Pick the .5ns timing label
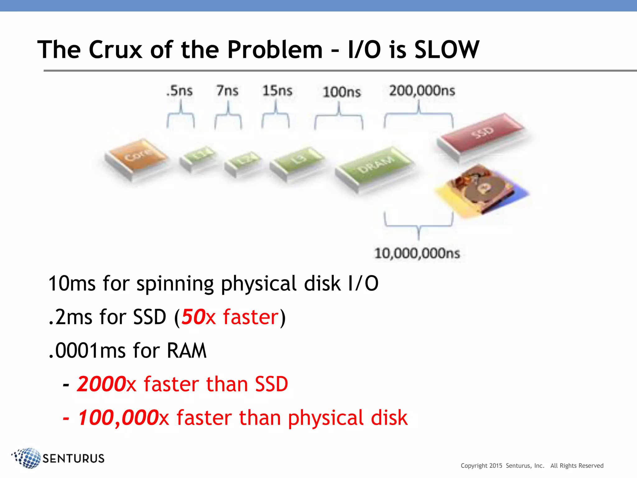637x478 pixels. pos(179,91)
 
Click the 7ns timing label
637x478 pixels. pos(227,91)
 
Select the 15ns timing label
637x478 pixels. pos(277,91)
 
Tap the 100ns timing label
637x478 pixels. pos(342,92)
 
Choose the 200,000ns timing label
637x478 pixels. pos(422,91)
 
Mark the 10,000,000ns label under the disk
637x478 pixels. pos(417,253)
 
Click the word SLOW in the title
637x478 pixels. pos(447,50)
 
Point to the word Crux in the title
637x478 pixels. pos(115,50)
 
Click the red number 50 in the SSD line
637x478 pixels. pos(193,317)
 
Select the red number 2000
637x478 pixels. pos(101,384)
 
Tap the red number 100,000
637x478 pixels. pos(118,418)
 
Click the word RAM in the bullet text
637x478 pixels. pos(186,351)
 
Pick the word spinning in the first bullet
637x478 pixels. pos(175,284)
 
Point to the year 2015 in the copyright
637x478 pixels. pos(495,466)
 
